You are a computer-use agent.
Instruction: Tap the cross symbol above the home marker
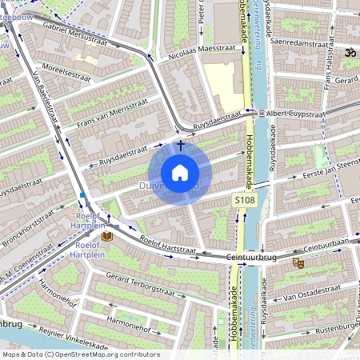click(181, 146)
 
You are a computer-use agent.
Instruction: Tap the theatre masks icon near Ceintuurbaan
click(298, 262)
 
